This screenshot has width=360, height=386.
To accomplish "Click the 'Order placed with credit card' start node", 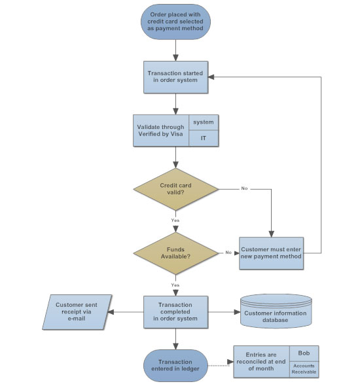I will (175, 21).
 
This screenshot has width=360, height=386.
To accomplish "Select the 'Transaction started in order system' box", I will (175, 77).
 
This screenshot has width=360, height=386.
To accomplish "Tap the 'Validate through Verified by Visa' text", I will (161, 131).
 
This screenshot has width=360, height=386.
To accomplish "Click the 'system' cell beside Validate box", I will (203, 122).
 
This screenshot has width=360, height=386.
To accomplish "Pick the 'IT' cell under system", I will (203, 139).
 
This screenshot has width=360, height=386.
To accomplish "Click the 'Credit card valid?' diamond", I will (175, 189).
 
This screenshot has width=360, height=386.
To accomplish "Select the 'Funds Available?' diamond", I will (175, 253).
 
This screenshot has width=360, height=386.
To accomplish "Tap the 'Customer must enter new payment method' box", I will (271, 253).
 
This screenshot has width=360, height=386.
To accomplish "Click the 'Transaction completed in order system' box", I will (175, 311).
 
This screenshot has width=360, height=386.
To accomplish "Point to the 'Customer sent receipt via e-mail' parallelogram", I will (73, 311).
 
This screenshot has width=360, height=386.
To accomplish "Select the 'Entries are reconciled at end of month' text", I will (262, 361).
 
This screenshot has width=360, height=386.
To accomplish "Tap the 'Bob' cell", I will (304, 353).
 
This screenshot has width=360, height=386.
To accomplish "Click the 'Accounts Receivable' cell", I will (304, 369).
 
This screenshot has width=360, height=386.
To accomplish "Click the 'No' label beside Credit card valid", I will (244, 188).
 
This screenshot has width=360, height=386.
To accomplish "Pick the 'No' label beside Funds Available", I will (228, 252).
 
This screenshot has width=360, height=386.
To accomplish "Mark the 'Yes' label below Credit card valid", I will (175, 220).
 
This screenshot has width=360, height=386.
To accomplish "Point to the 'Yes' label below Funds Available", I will (175, 285).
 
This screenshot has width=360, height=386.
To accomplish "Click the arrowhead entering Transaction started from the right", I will (213, 77).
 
